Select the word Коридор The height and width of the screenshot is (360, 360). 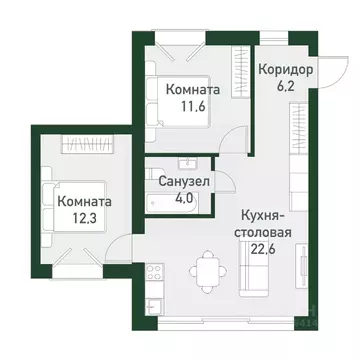[x=286, y=71]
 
